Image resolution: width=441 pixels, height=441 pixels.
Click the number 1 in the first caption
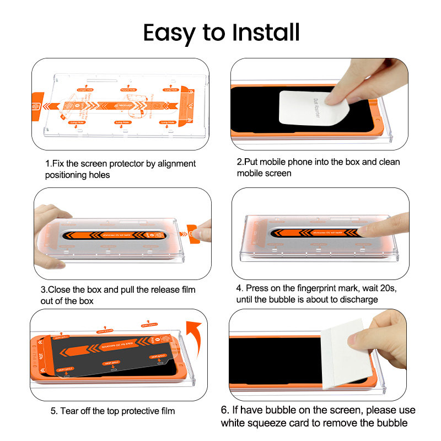[x=47, y=164]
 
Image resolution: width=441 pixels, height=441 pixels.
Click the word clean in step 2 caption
[x=389, y=162]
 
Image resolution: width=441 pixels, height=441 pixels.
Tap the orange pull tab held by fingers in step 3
[x=192, y=232]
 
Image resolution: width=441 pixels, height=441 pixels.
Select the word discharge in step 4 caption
[x=359, y=299]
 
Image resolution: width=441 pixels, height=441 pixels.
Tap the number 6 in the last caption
[x=225, y=411]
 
